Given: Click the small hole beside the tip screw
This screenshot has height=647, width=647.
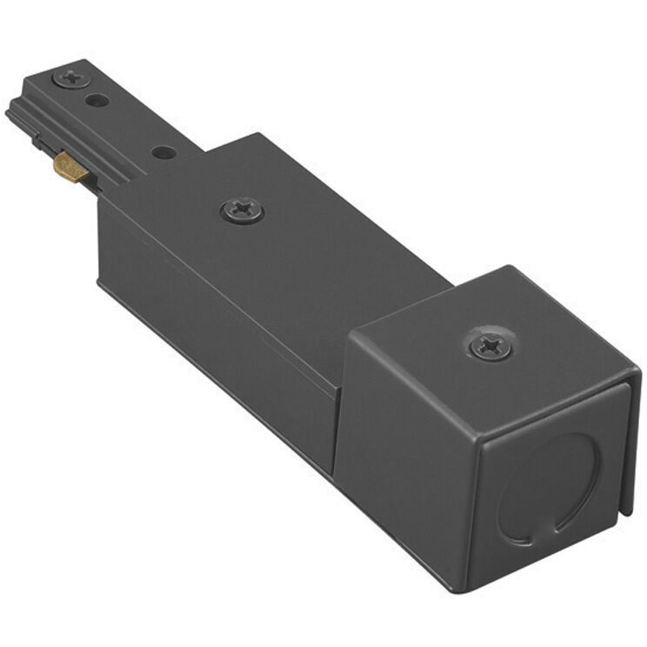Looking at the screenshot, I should pos(97,100).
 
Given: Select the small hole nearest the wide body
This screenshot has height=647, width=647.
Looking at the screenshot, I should pos(163,152).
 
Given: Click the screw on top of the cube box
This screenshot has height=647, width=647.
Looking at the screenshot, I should pos(487,344).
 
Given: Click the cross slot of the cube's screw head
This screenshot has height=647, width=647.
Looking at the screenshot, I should pos(487,344).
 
